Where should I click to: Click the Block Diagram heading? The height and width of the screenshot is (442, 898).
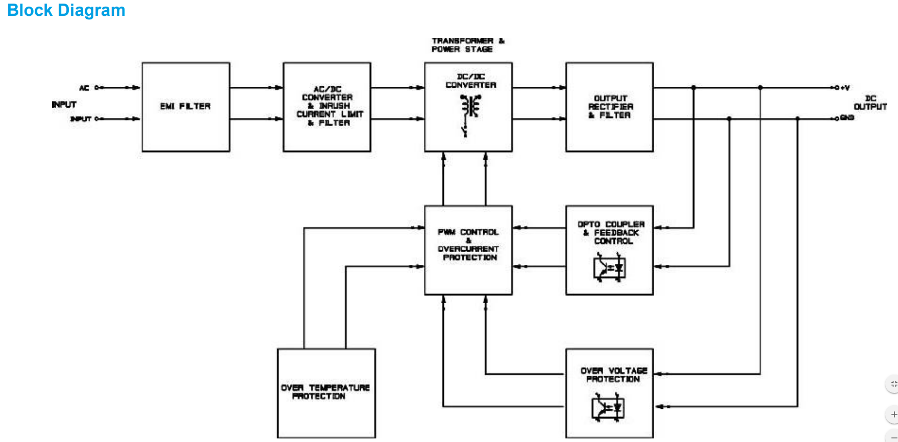click(66, 10)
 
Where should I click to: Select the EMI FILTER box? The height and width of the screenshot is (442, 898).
click(186, 107)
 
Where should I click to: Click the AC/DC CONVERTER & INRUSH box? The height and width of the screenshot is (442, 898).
click(327, 107)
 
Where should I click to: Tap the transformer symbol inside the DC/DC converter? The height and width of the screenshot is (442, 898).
click(469, 107)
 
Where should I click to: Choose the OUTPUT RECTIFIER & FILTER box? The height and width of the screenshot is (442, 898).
click(610, 107)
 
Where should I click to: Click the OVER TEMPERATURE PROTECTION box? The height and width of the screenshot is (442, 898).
click(326, 392)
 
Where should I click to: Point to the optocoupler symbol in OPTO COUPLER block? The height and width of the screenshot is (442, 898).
click(610, 268)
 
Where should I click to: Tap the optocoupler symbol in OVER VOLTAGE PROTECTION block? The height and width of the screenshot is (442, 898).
click(608, 408)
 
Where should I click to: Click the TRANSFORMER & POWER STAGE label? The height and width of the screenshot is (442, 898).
click(467, 45)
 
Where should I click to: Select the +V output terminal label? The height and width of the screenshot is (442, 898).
click(845, 88)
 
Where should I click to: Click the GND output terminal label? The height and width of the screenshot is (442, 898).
click(847, 118)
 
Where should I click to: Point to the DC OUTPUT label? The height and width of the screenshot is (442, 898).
click(870, 103)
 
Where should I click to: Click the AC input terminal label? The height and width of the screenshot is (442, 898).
click(84, 88)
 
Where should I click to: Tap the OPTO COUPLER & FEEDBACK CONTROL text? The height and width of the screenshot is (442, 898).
click(611, 233)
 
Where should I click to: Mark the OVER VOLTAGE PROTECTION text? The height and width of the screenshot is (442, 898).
click(614, 375)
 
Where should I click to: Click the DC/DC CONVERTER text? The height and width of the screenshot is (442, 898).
click(470, 81)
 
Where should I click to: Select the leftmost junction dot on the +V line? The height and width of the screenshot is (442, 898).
click(693, 88)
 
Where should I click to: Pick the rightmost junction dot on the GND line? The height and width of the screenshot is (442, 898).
click(797, 119)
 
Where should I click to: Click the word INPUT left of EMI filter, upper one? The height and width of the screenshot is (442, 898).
click(64, 105)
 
